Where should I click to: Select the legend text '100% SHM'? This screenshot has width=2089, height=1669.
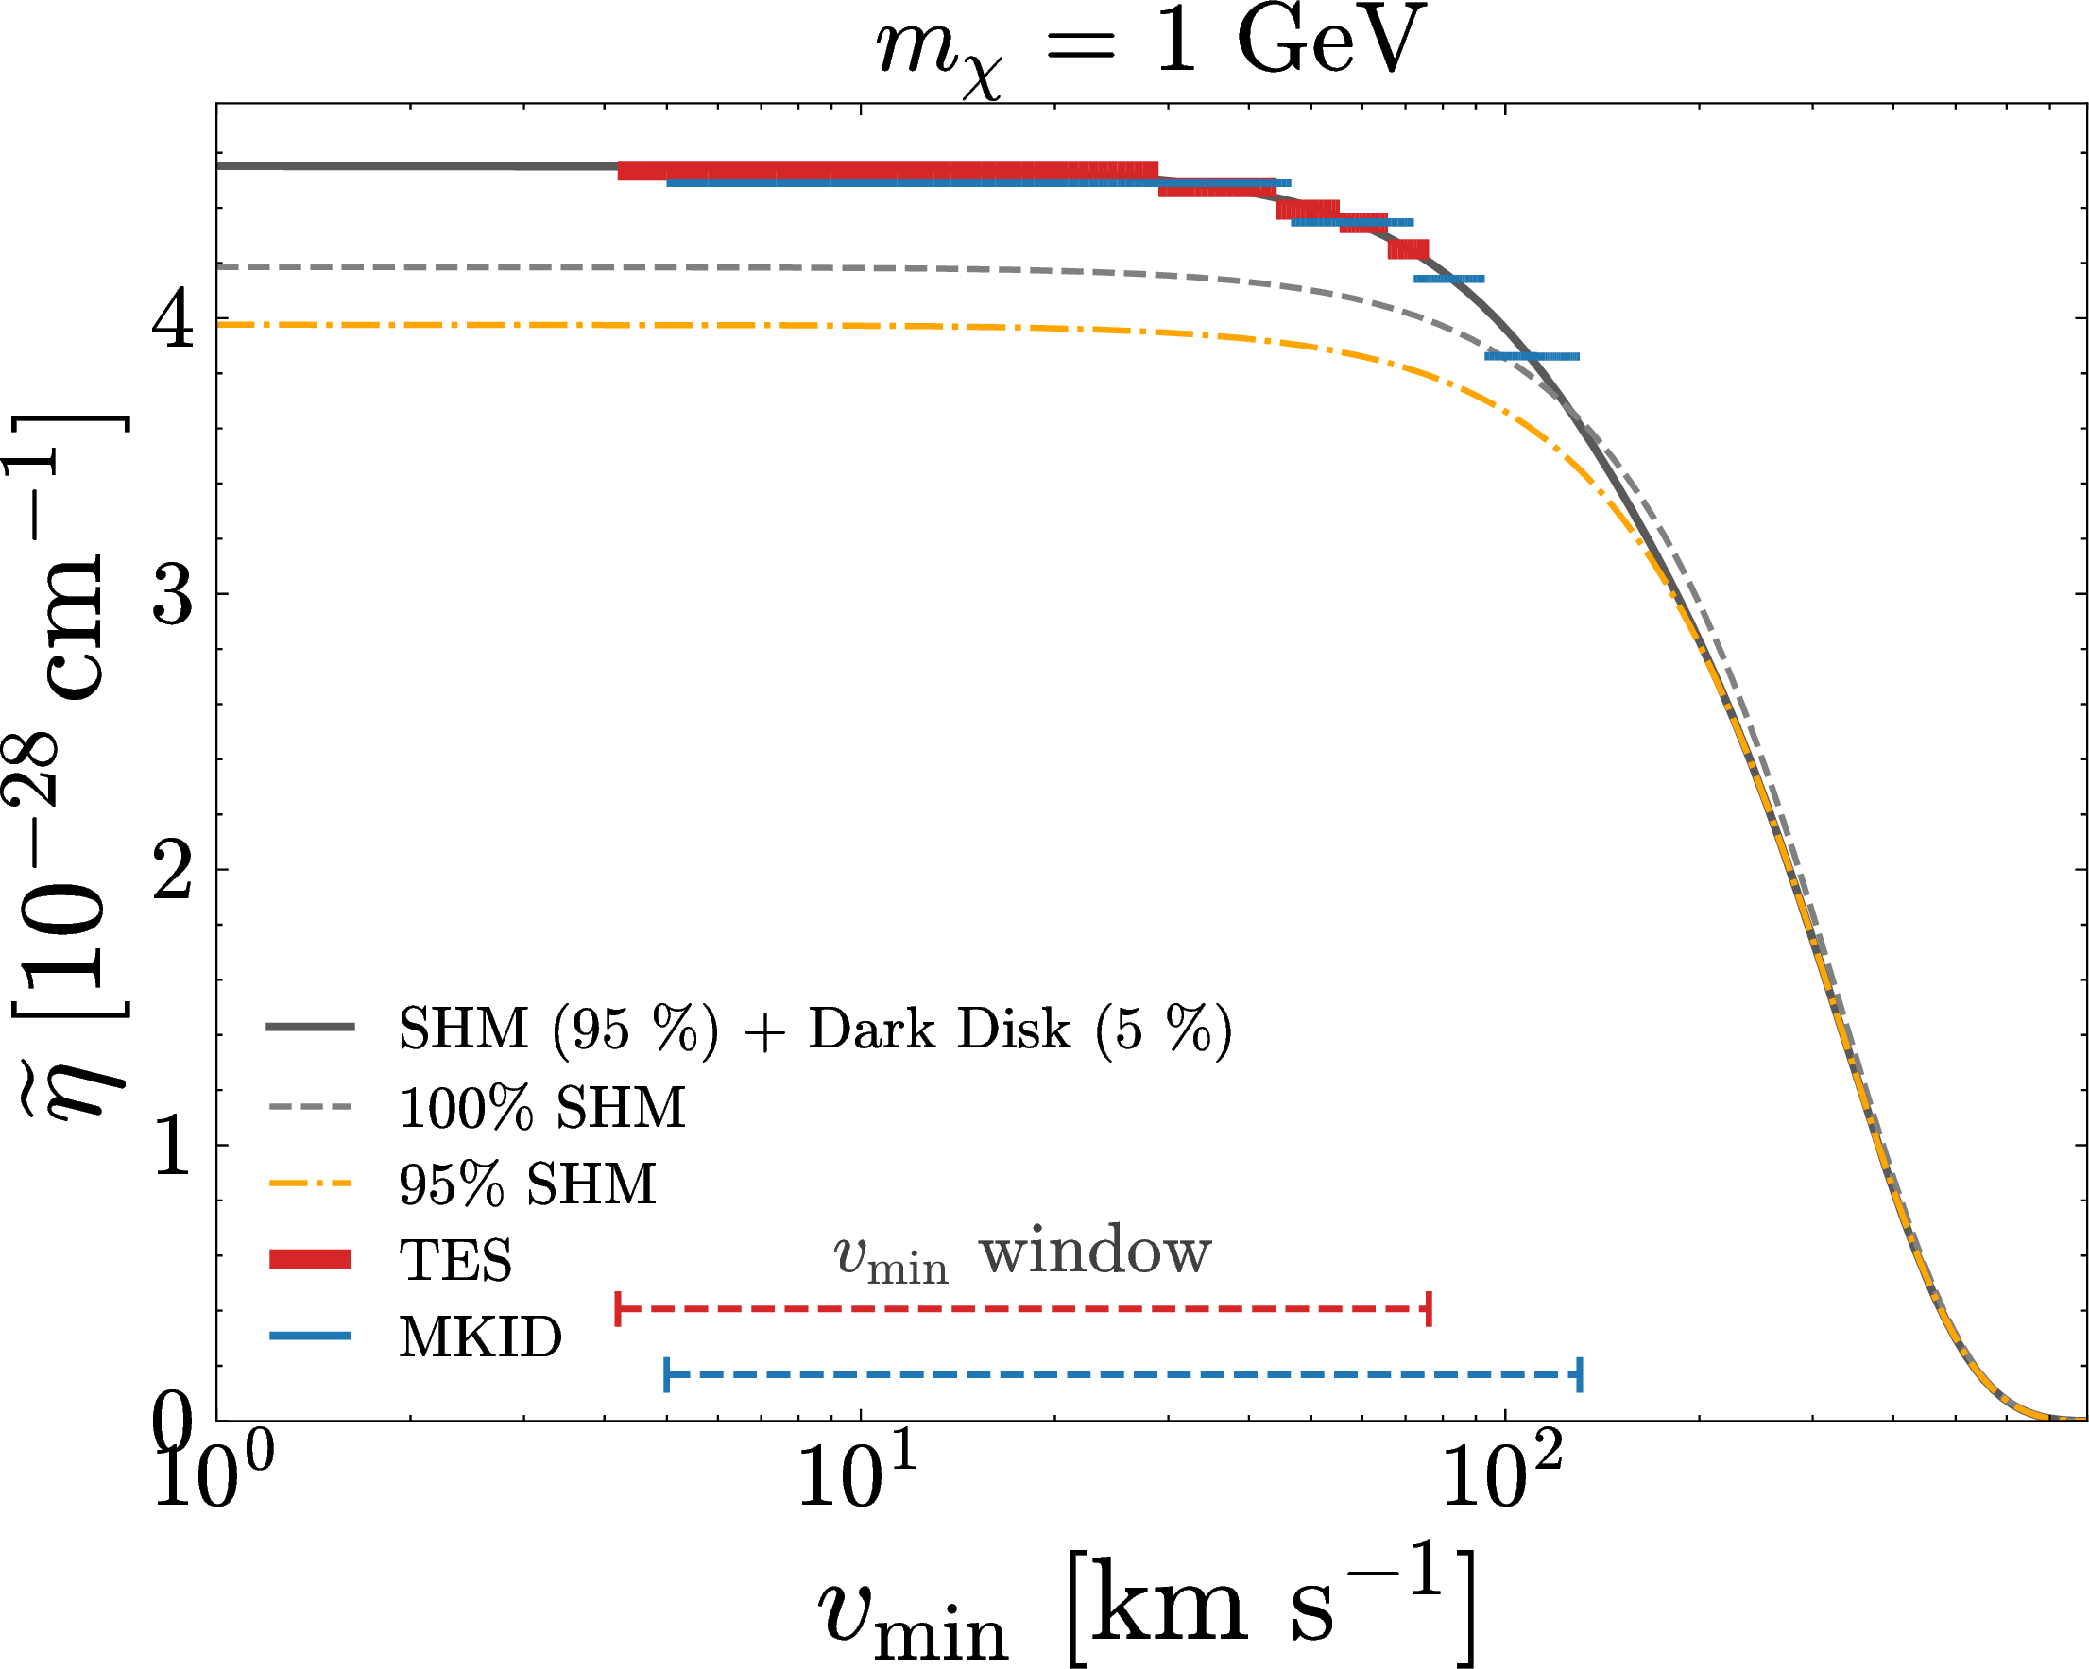click(542, 1107)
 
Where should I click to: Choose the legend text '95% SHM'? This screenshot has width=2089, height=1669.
click(528, 1184)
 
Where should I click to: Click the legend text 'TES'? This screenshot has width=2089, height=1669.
click(455, 1260)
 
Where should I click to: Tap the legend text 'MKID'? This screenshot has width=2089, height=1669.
click(481, 1337)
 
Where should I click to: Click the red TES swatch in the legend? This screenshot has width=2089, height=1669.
click(310, 1259)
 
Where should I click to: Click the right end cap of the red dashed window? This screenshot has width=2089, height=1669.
click(1430, 1309)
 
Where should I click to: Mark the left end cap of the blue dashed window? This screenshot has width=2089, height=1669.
click(666, 1374)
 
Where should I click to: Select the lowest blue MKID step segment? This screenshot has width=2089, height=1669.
click(1532, 356)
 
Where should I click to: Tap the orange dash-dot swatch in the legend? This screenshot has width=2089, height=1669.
click(310, 1184)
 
